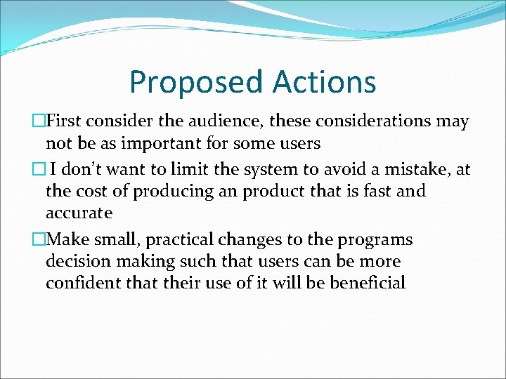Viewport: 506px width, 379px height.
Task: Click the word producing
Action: (167, 192)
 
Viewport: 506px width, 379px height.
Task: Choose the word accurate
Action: (79, 212)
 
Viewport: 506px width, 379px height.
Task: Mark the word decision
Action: (76, 262)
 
